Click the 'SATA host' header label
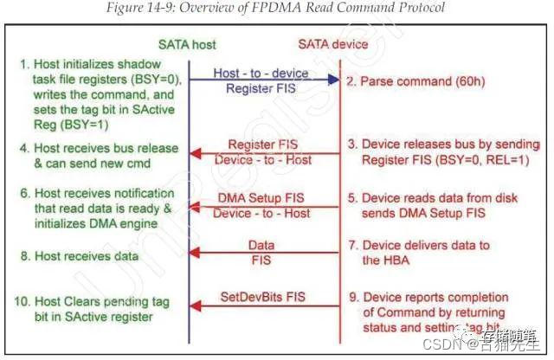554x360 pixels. click(x=187, y=44)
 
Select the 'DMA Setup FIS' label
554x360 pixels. click(x=261, y=198)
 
